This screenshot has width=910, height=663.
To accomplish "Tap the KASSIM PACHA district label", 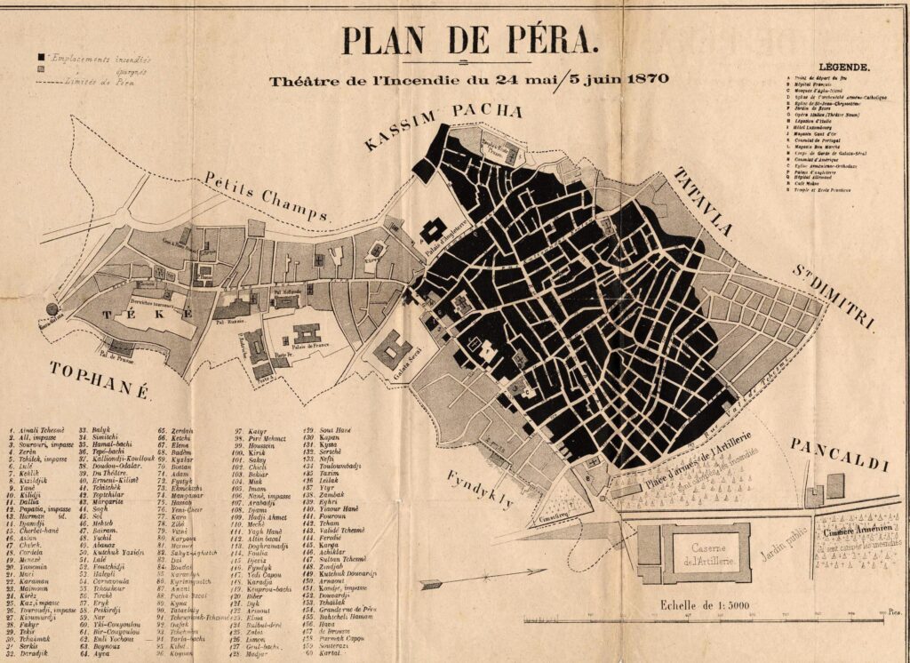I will (x=442, y=124).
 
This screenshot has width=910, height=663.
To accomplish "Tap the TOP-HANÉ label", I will (x=99, y=381).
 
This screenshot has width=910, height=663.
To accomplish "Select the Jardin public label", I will (x=783, y=541).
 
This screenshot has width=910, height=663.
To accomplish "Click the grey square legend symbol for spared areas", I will (x=41, y=68).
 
